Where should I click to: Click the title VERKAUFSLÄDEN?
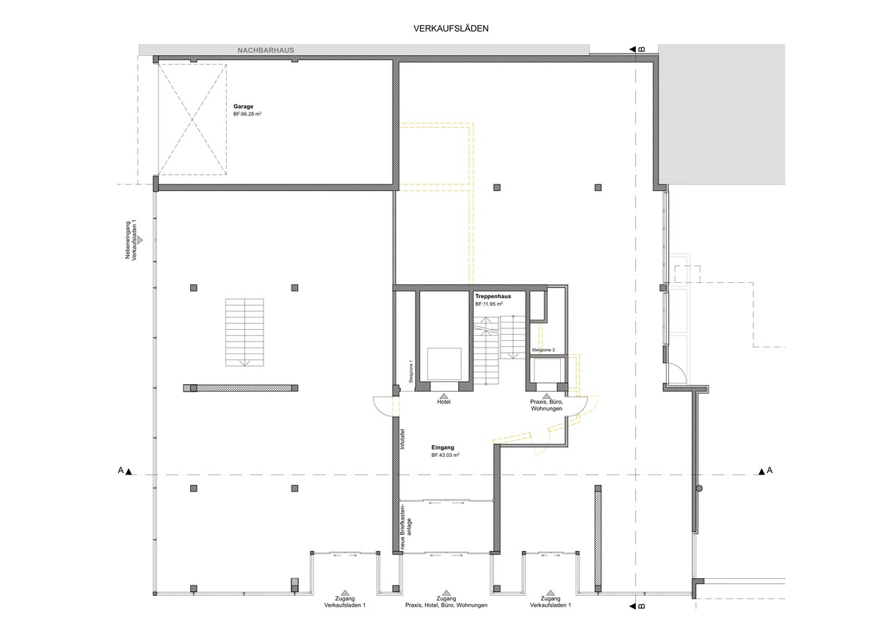pyautogui.click(x=451, y=29)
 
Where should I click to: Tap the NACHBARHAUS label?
pyautogui.click(x=266, y=51)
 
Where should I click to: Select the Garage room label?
pyautogui.click(x=243, y=107)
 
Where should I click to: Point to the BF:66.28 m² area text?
pyautogui.click(x=247, y=114)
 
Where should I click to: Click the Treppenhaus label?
pyautogui.click(x=493, y=296)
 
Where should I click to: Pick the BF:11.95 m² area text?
pyautogui.click(x=489, y=304)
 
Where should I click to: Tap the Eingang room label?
pyautogui.click(x=443, y=447)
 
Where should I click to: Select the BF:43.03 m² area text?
pyautogui.click(x=445, y=455)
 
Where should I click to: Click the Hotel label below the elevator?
pyautogui.click(x=443, y=402)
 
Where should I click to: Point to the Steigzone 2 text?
pyautogui.click(x=543, y=350)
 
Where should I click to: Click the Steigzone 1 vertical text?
pyautogui.click(x=410, y=372)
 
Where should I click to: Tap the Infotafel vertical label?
pyautogui.click(x=402, y=439)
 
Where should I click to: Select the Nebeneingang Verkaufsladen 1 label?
pyautogui.click(x=131, y=240)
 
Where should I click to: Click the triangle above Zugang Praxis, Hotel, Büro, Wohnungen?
pyautogui.click(x=446, y=593)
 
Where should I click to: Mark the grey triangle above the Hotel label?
pyautogui.click(x=443, y=395)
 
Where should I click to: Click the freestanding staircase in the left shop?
pyautogui.click(x=244, y=333)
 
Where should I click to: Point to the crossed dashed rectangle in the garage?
pyautogui.click(x=192, y=119)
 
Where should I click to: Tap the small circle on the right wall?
pyautogui.click(x=699, y=489)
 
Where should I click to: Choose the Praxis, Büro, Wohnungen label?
pyautogui.click(x=546, y=406)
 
